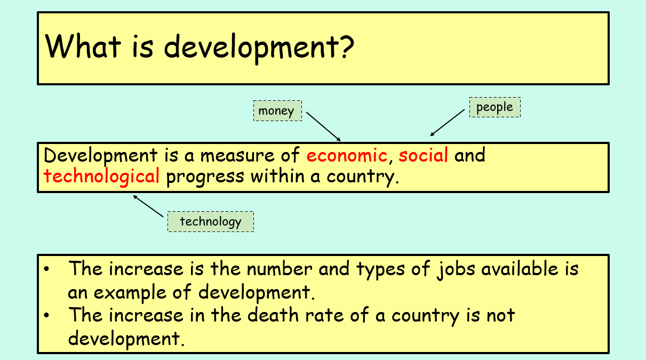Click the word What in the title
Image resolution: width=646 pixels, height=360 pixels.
coord(83,46)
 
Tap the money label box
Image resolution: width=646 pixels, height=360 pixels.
coord(277,111)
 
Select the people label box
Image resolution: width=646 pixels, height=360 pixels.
coord(495,107)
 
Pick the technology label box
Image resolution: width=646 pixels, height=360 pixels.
coord(211,221)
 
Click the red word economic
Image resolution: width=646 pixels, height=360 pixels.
coord(347,155)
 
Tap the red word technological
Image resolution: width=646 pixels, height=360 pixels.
coord(101,176)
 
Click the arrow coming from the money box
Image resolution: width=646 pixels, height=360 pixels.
coord(323,126)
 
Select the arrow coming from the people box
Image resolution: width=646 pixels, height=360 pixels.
coord(448,123)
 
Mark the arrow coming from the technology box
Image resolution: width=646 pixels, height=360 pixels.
coord(148,206)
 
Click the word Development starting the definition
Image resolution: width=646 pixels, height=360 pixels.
coord(101,156)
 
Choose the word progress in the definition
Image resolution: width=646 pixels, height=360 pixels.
coord(205,177)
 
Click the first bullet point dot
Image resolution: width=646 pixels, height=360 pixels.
coord(46,269)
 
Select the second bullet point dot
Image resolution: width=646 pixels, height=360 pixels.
coord(46,315)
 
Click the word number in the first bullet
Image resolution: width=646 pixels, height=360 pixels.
coord(280,269)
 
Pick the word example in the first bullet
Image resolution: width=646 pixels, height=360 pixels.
coord(130,293)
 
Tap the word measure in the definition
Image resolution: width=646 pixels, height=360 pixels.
coord(237,156)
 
